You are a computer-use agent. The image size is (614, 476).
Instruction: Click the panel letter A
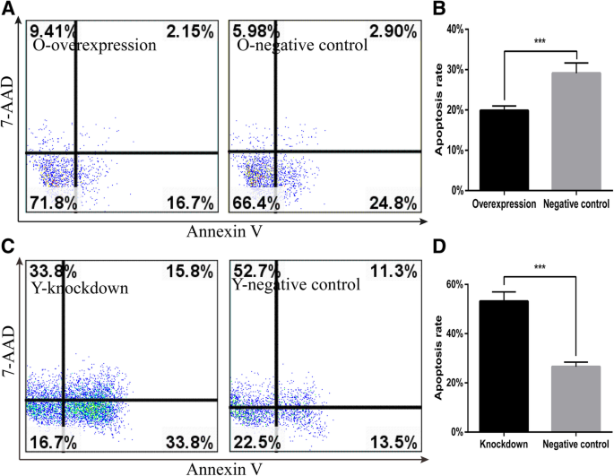[x=8, y=8]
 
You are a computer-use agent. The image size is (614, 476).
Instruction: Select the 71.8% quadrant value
[x=51, y=204]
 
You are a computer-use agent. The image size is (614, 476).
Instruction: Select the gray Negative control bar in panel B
[x=575, y=131]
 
